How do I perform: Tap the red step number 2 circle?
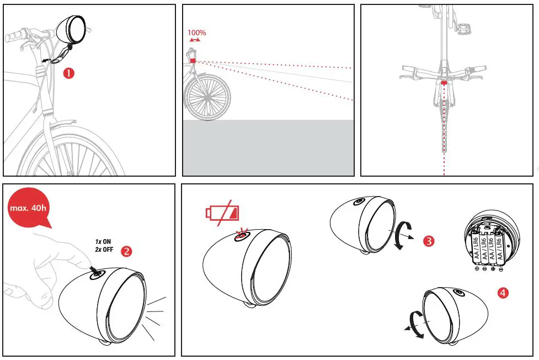click(126, 251)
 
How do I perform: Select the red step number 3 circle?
click(429, 241)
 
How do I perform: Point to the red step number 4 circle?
click(503, 293)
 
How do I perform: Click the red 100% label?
click(196, 33)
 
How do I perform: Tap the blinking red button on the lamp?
click(241, 236)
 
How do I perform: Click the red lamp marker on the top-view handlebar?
click(444, 81)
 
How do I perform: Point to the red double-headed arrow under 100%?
click(195, 40)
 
